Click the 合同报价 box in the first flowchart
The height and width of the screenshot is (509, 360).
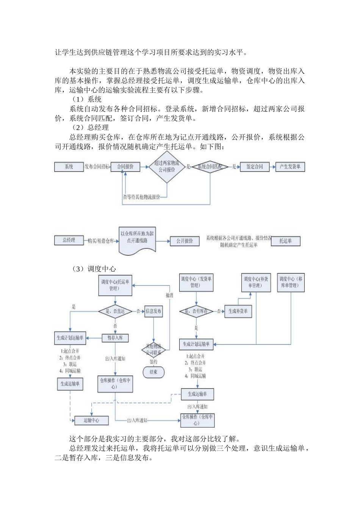point(125,167)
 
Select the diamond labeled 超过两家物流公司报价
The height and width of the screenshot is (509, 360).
point(167,167)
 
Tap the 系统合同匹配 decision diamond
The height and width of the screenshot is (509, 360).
point(210,167)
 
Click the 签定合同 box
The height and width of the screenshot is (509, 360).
point(254,167)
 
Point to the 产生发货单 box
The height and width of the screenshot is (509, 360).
point(290,167)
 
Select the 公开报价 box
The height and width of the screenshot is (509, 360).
point(185,241)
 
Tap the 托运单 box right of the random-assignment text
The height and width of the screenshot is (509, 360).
point(286,241)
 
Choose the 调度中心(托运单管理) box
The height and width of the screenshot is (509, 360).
point(115,285)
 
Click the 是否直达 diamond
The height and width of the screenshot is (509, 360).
point(115,311)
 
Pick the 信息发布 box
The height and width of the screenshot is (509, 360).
point(153,311)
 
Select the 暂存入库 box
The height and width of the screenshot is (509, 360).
point(115,337)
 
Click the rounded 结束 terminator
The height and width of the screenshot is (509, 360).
point(153,372)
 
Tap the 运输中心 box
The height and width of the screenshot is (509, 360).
point(91,420)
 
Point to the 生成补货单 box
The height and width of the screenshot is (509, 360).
point(238,311)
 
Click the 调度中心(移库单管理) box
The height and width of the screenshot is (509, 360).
point(291,282)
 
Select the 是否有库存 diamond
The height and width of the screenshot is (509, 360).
point(196,311)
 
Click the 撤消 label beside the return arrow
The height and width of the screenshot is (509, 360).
point(169,295)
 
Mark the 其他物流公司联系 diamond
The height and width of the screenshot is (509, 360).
point(153,350)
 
